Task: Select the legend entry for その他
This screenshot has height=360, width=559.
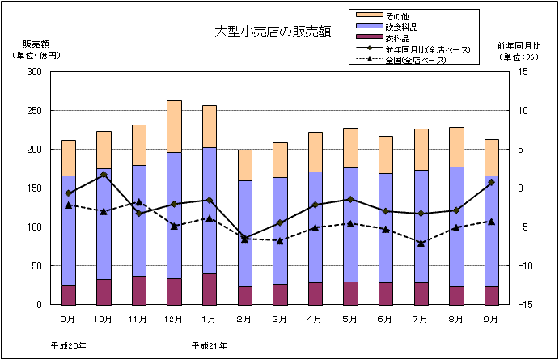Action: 397,16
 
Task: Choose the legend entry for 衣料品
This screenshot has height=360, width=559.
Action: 397,37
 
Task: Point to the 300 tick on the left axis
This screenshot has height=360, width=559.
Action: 35,72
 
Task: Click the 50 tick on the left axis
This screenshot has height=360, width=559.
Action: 37,266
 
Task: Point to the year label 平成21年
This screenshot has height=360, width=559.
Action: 209,345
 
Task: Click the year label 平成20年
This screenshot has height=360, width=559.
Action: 68,345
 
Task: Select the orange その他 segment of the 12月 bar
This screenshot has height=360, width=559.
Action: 174,126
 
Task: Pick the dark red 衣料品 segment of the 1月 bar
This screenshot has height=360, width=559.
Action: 209,290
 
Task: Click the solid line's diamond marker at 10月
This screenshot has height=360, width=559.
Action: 104,175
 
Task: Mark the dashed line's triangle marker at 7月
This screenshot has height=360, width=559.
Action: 421,243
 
